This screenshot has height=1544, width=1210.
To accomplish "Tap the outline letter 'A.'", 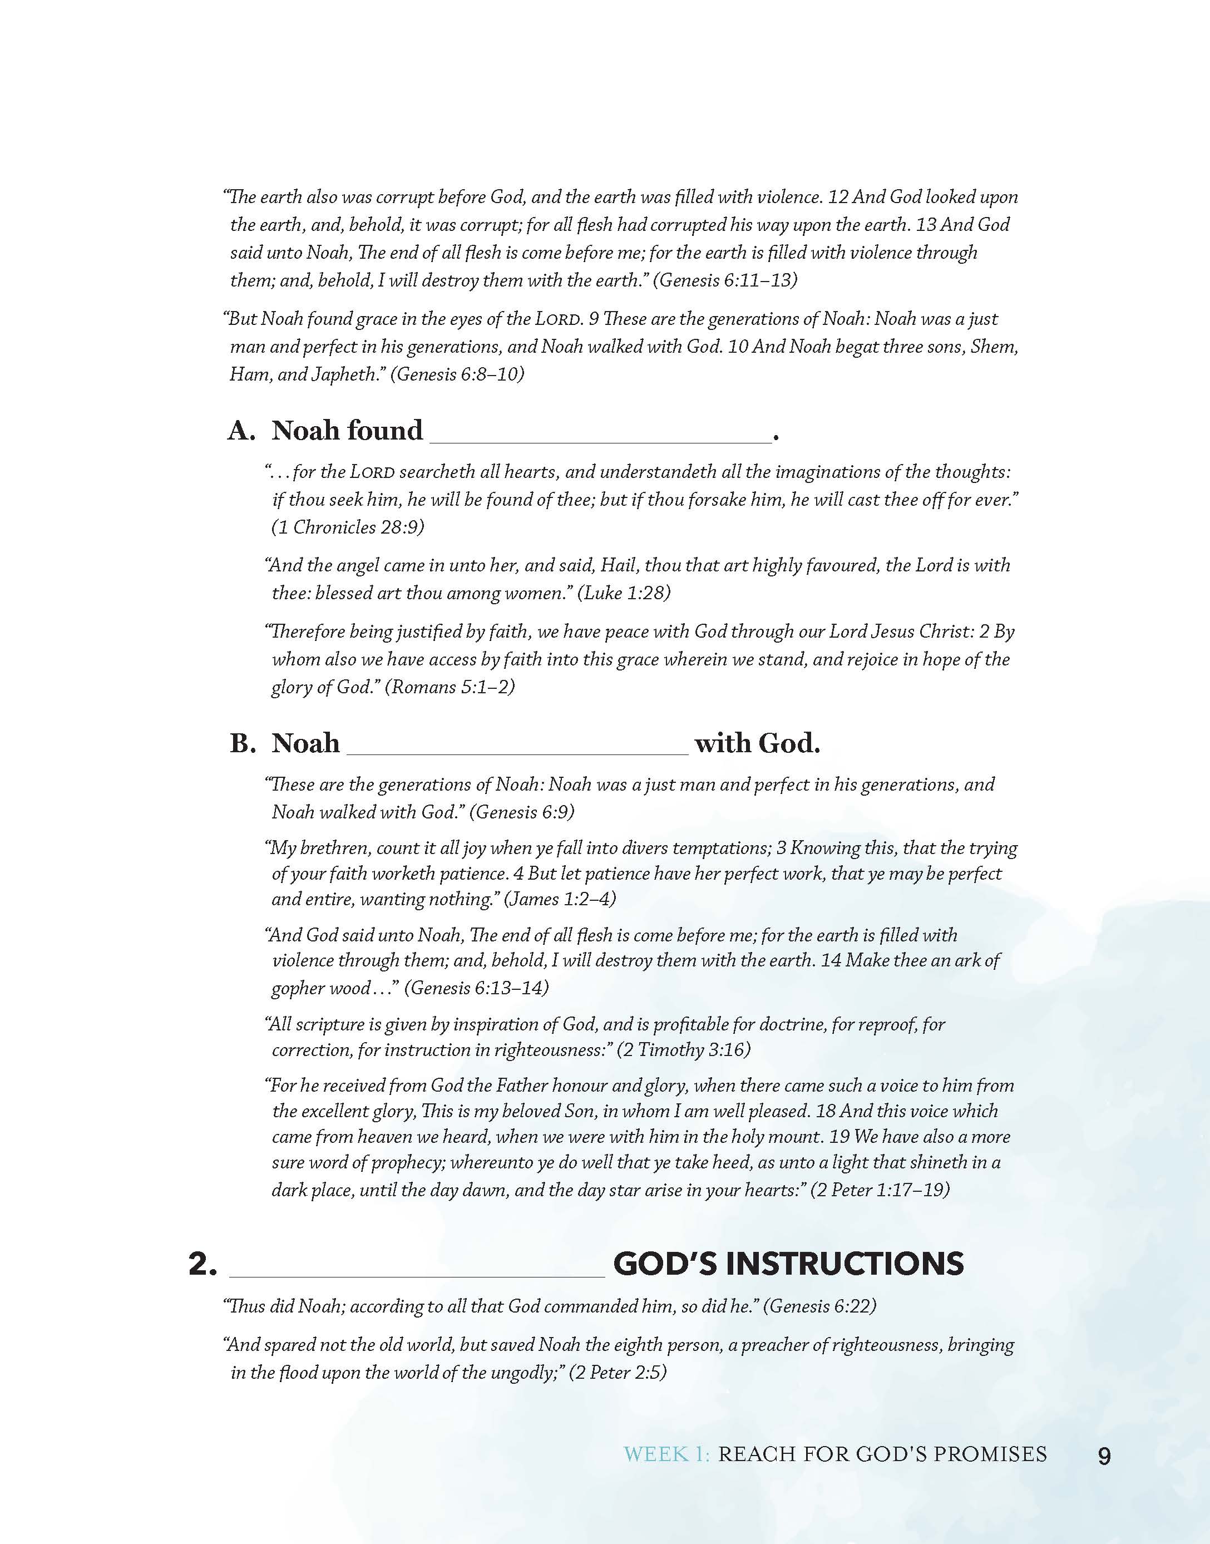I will pos(241,431).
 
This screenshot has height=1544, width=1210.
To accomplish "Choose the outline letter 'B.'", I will pos(243,743).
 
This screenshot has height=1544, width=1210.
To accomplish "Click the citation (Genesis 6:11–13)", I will pos(725,280).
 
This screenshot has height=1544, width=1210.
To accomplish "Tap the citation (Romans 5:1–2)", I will pos(450,687).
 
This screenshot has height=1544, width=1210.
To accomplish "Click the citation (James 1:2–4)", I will pos(560,899).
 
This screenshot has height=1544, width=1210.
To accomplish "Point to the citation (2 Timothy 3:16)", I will pos(684,1050).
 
